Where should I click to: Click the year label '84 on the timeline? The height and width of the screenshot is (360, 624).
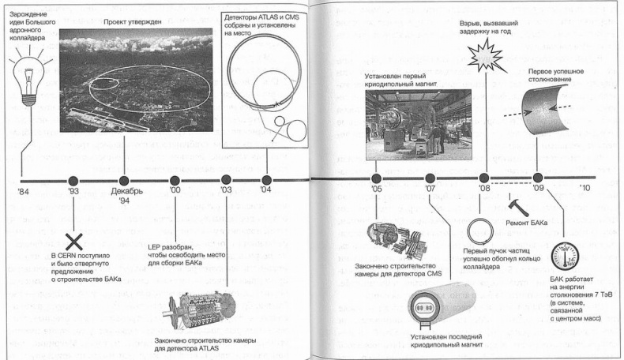24,192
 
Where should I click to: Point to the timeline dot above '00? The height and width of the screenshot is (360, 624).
175,179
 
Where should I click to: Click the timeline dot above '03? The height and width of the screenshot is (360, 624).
227,179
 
